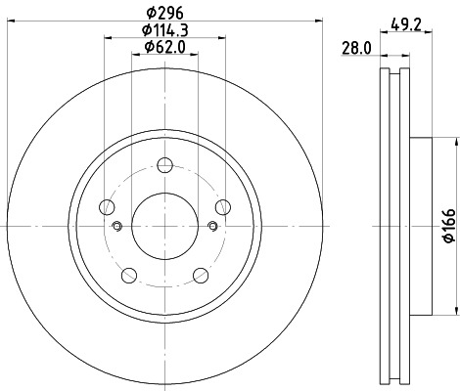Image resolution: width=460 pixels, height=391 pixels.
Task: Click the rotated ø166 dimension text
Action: point(446,226)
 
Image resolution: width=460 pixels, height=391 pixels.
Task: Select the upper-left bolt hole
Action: point(107,206)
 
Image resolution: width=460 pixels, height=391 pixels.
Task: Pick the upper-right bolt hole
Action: point(223,206)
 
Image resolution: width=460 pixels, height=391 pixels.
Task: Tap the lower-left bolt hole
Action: point(129,275)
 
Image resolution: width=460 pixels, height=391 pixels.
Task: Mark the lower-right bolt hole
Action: point(201,275)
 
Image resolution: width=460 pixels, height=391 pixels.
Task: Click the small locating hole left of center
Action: point(117,227)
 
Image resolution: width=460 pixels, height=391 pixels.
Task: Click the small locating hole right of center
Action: point(212,227)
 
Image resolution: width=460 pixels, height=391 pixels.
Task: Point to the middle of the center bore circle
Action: point(165,227)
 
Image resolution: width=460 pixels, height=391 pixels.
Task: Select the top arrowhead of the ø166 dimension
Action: point(455,143)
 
